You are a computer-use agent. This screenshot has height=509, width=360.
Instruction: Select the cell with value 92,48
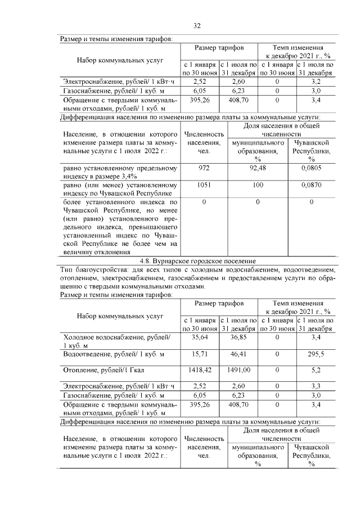point(258,168)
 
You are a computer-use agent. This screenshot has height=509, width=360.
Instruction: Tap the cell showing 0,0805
point(310,168)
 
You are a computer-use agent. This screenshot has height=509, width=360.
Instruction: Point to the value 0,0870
point(310,185)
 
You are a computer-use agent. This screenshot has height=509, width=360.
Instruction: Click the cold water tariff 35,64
point(200,337)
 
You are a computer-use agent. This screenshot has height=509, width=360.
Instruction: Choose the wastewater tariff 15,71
point(200,354)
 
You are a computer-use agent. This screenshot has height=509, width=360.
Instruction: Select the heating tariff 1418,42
point(200,371)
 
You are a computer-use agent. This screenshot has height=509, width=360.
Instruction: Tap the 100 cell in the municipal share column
point(258,185)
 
